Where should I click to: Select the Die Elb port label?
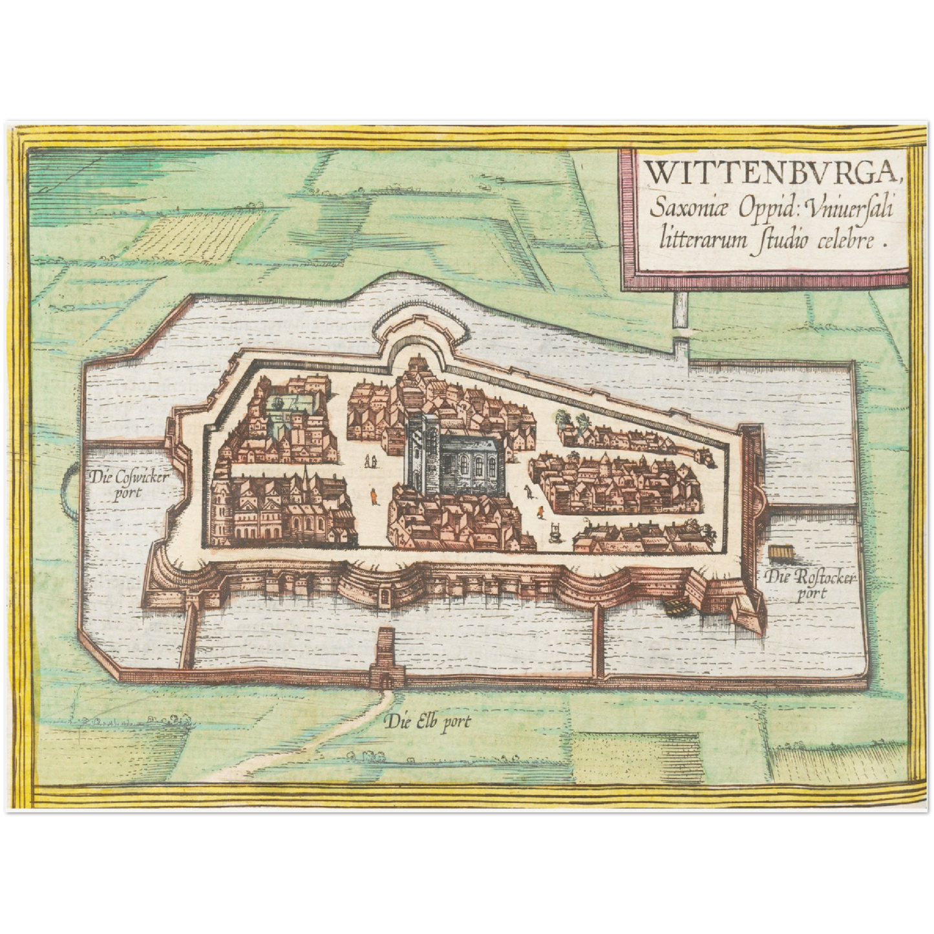point(427,721)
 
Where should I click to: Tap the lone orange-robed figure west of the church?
point(374,496)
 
